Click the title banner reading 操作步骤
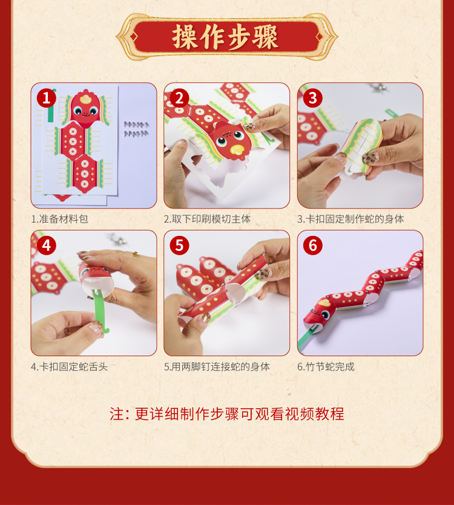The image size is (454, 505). (x=226, y=37)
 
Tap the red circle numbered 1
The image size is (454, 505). (x=47, y=98)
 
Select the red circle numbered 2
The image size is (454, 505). (x=179, y=98)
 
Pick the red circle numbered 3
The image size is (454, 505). (x=313, y=98)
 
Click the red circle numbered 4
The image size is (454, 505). (x=47, y=246)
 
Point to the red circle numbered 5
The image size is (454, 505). (x=179, y=246)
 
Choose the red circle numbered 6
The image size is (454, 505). (x=313, y=246)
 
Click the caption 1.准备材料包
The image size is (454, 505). (x=60, y=219)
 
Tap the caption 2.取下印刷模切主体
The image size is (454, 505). (x=207, y=219)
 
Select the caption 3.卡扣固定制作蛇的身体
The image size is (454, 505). (x=350, y=219)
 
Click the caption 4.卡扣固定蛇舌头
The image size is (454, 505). (x=70, y=367)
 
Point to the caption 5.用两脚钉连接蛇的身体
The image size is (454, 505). (x=217, y=367)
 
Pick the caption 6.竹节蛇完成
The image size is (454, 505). (x=326, y=367)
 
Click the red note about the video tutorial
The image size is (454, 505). (x=227, y=414)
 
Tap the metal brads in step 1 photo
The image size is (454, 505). (x=136, y=129)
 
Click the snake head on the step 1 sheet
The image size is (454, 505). (x=85, y=107)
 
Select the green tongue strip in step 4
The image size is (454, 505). (x=100, y=311)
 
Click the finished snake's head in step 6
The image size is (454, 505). (x=318, y=313)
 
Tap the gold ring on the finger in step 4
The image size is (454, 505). (x=136, y=255)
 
